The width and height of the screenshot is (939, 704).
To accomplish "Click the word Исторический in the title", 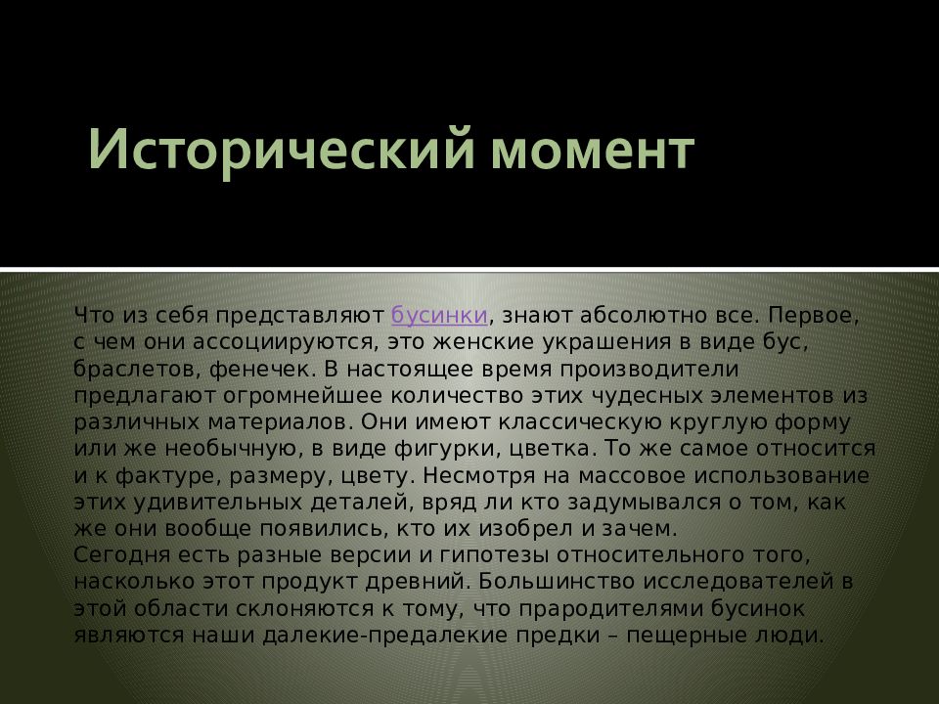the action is (x=281, y=150).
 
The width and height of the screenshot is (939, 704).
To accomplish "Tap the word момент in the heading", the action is (x=593, y=151).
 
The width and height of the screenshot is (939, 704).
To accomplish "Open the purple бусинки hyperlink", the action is (x=439, y=315).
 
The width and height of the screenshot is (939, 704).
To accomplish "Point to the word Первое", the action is (x=813, y=316).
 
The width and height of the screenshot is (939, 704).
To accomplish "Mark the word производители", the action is (x=649, y=369).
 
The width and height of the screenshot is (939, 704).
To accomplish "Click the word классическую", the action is (x=580, y=422).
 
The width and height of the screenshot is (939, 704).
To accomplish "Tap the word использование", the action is (x=782, y=475).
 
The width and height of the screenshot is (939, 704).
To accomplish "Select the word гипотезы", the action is (x=494, y=555).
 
